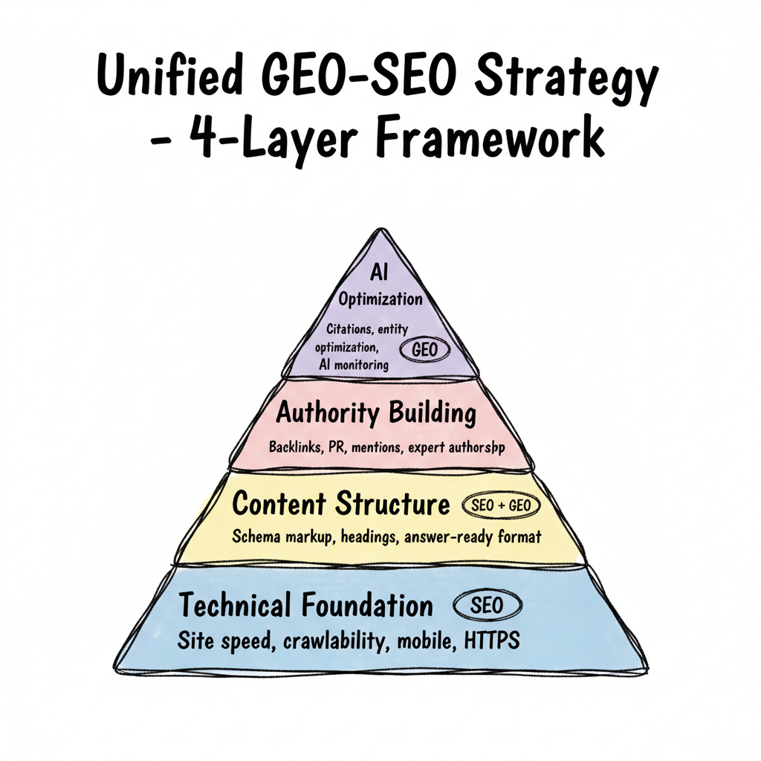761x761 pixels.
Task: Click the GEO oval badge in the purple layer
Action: (421, 349)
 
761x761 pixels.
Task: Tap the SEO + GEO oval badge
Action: (501, 505)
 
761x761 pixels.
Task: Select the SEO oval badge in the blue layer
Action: (486, 605)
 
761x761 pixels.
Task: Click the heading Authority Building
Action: (376, 413)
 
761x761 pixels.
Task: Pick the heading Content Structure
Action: (341, 504)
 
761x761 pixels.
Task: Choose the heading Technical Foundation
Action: (305, 605)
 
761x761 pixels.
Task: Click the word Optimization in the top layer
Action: (380, 299)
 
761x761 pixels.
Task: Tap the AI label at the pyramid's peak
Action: (380, 272)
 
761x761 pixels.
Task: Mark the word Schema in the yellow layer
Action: (257, 537)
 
